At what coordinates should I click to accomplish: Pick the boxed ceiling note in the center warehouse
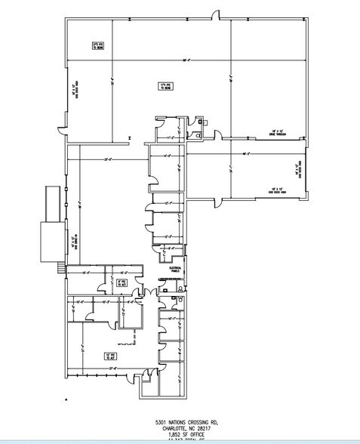[163, 86]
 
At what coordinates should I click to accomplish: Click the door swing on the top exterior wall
[215, 15]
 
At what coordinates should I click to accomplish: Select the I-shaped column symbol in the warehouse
[131, 137]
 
